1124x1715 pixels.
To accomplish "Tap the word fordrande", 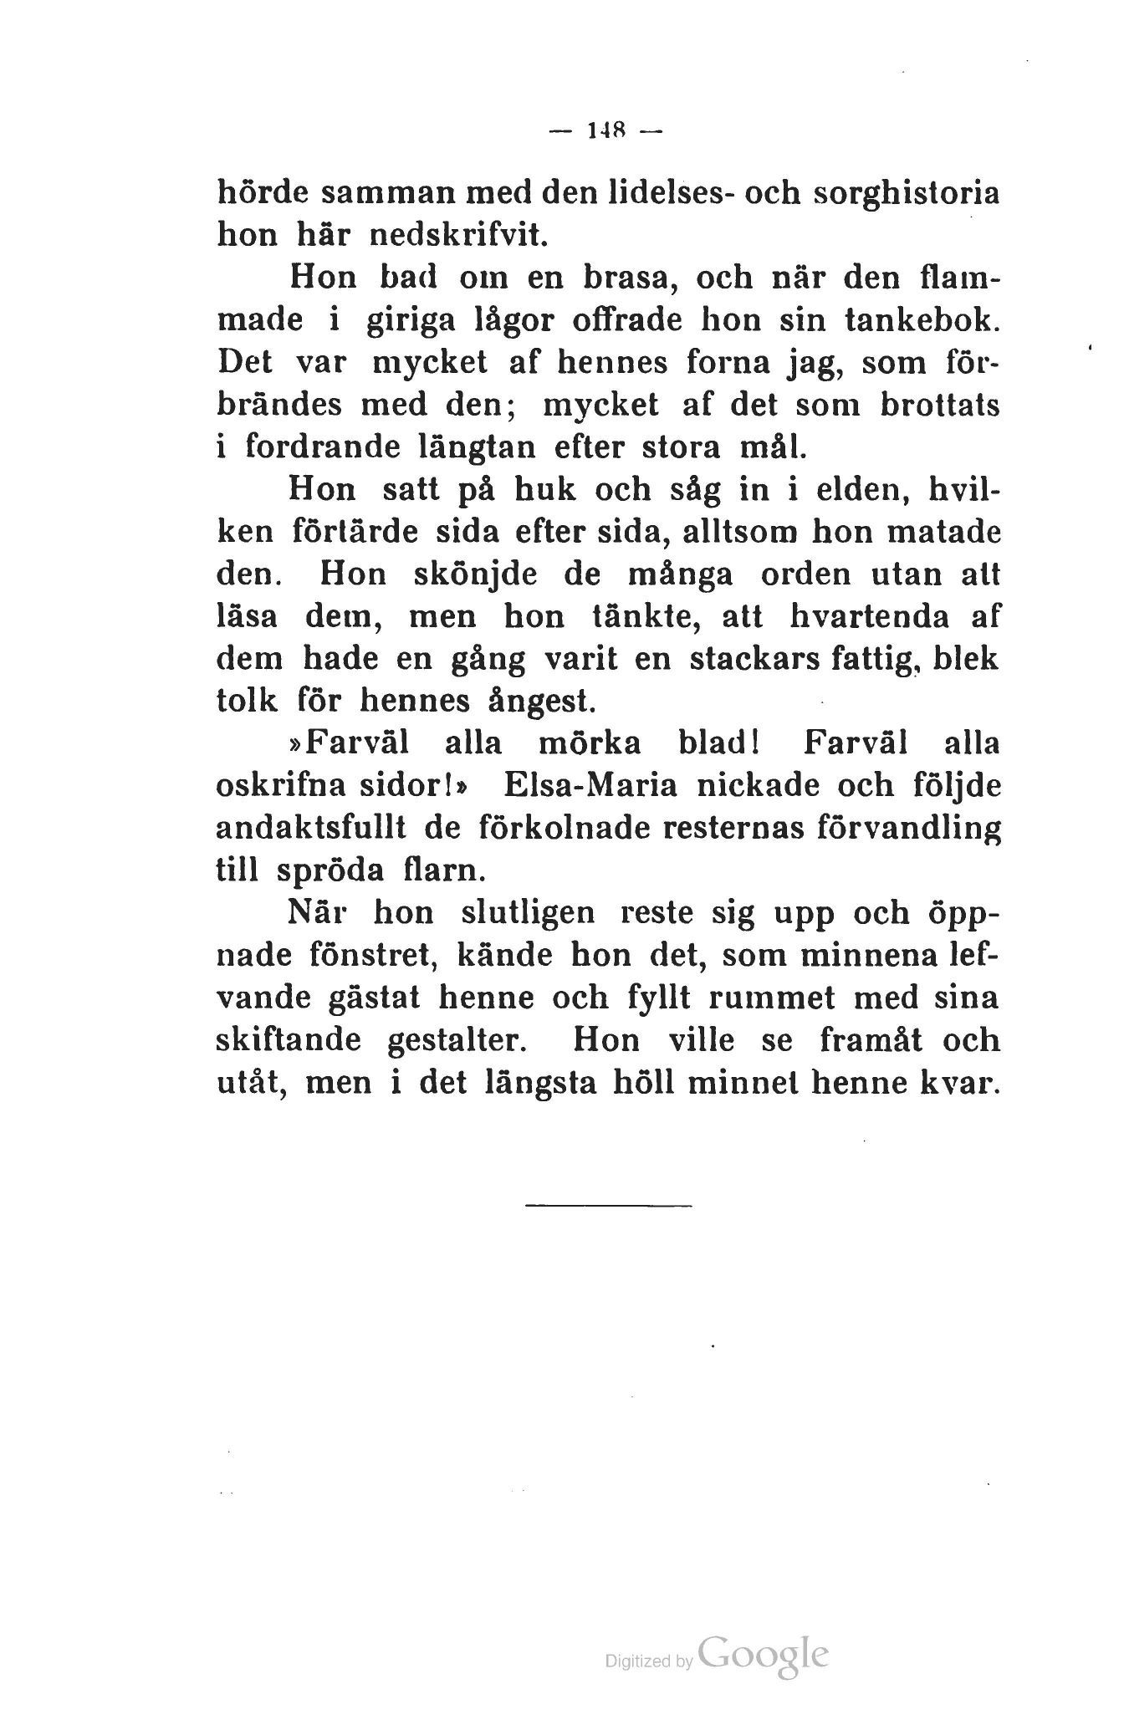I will (x=321, y=447).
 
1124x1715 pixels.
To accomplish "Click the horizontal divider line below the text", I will (x=609, y=1205).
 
